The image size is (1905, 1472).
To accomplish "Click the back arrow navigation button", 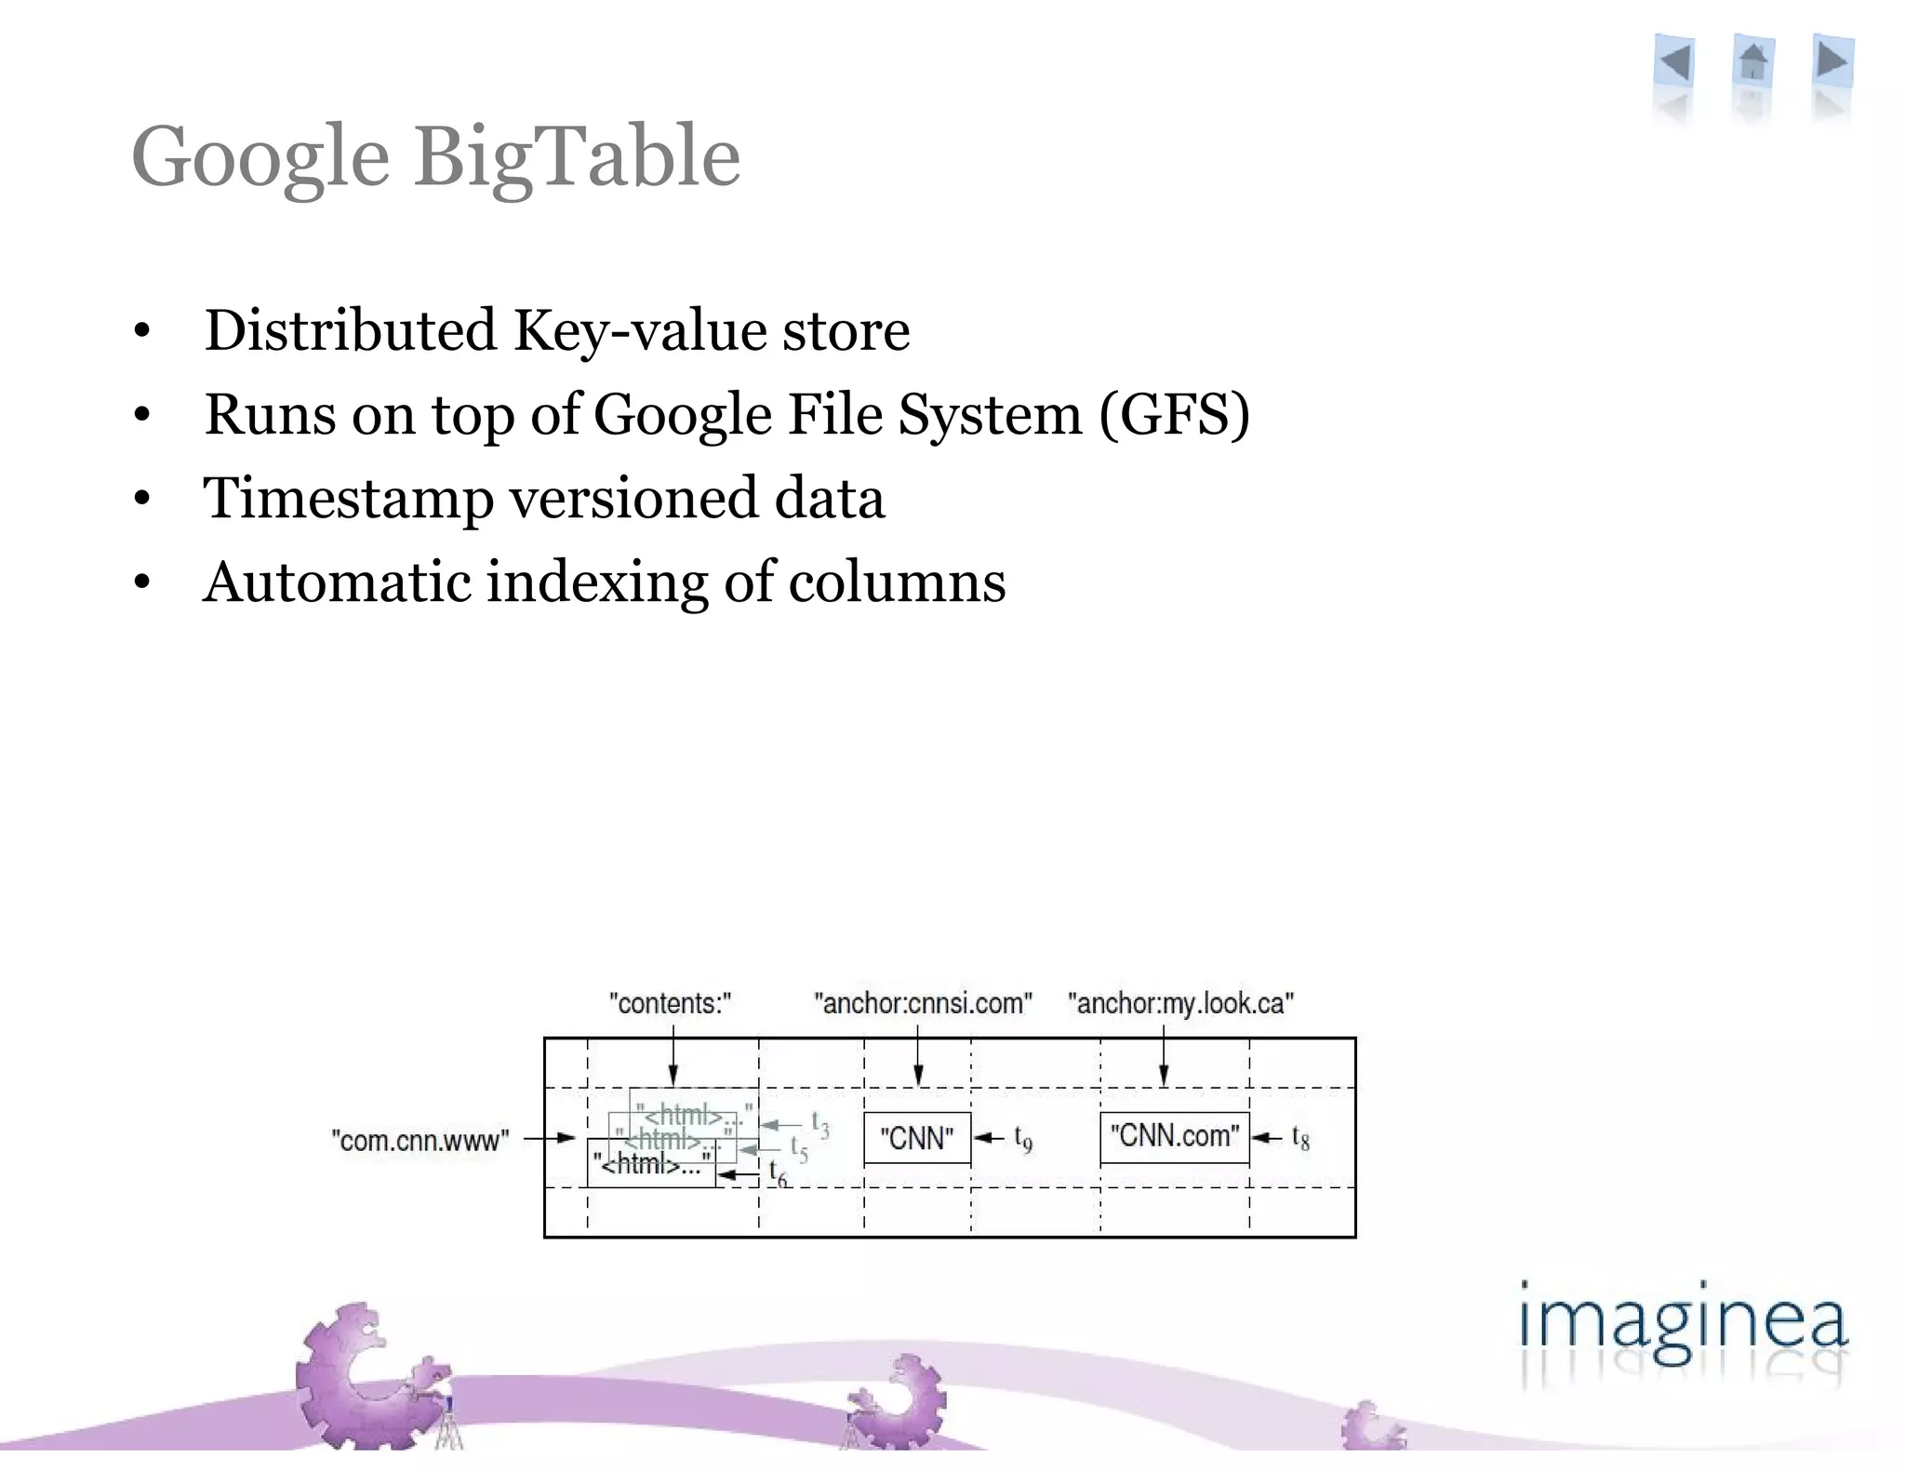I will click(x=1674, y=63).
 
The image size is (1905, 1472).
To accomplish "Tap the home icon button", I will click(x=1753, y=63).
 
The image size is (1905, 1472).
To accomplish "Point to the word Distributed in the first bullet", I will click(x=351, y=330).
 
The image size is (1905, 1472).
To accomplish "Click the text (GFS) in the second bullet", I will click(x=1175, y=414).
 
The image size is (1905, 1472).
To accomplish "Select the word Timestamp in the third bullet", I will click(x=349, y=499).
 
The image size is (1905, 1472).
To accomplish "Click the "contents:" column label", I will click(x=670, y=1003).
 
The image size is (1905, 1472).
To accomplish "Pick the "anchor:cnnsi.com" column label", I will click(x=923, y=1003).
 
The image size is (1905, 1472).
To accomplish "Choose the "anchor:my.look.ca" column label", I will click(x=1180, y=1003).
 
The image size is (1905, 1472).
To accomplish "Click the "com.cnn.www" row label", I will click(x=420, y=1140).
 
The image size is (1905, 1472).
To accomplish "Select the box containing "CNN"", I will click(x=917, y=1138).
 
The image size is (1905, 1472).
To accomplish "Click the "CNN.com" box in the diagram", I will click(x=1174, y=1136).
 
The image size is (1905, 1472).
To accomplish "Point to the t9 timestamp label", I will click(x=1023, y=1139).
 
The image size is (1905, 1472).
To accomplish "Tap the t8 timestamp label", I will click(x=1300, y=1138).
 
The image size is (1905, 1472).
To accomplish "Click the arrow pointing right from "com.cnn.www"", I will click(x=551, y=1138).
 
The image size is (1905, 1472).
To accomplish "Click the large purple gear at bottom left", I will click(x=367, y=1377).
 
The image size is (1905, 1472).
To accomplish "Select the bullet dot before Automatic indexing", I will click(x=141, y=583).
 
